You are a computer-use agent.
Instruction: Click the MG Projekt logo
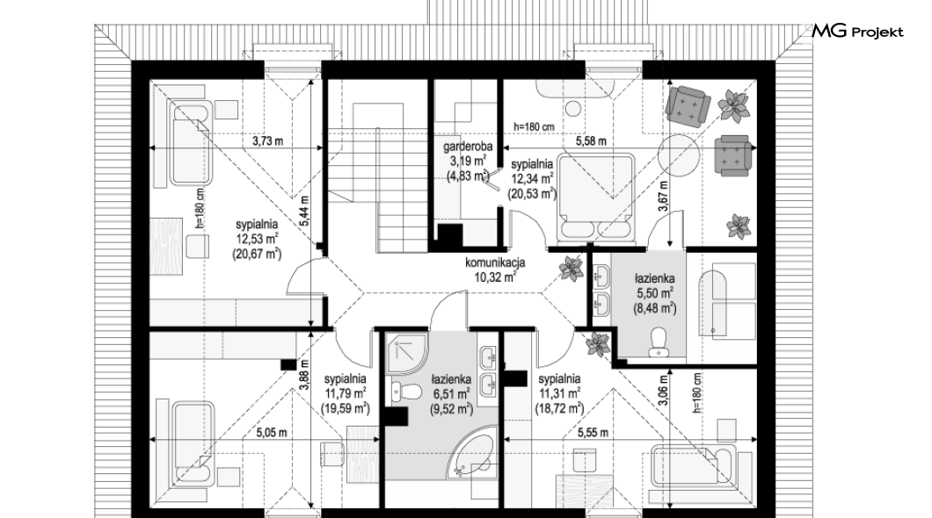857,31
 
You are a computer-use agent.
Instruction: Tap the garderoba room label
468,147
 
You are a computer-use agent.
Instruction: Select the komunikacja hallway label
494,263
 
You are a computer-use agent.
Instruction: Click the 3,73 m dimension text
267,141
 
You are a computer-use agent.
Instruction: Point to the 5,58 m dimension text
591,141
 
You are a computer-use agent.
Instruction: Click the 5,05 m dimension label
272,433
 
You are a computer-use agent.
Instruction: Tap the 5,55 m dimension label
593,433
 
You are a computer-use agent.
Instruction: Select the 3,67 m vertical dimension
663,196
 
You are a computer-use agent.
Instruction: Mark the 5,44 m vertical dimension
304,212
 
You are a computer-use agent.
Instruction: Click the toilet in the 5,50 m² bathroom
658,342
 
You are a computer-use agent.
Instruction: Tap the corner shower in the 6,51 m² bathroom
406,354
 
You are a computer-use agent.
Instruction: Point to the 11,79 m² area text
346,393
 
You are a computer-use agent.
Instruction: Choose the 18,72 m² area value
558,408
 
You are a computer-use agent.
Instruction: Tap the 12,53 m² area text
258,239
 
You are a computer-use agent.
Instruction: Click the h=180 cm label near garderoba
534,127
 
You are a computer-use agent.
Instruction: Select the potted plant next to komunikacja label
572,269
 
